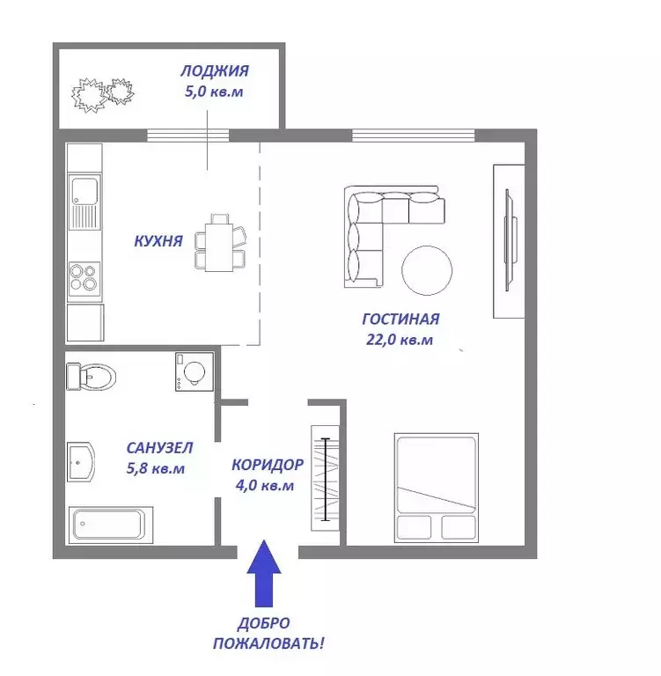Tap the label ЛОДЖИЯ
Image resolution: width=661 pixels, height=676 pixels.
click(x=214, y=71)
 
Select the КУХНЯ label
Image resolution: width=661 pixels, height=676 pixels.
click(x=158, y=240)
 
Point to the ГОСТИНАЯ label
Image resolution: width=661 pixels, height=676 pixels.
click(x=400, y=320)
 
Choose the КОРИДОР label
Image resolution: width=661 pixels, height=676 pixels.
click(x=267, y=465)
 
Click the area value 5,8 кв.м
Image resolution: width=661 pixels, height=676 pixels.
click(x=156, y=468)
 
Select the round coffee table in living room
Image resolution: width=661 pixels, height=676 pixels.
click(x=427, y=269)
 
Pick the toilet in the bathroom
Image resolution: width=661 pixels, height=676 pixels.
click(x=92, y=378)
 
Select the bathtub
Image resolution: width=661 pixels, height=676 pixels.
click(x=113, y=524)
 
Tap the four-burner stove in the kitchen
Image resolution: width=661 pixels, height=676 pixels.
click(x=85, y=277)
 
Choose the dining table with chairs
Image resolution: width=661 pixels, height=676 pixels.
click(x=220, y=243)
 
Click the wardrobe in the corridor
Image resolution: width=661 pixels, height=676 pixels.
click(x=326, y=479)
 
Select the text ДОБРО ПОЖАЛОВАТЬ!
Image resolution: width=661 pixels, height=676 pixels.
click(x=268, y=634)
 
